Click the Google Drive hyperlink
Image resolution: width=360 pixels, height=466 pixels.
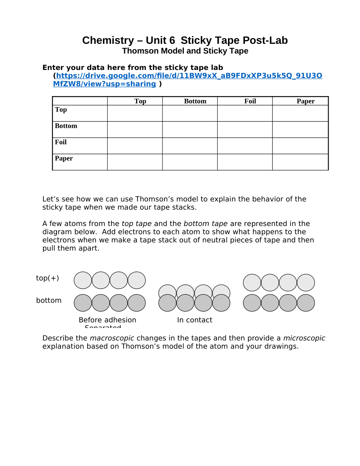click(x=189, y=76)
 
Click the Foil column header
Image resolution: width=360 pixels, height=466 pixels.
click(x=250, y=101)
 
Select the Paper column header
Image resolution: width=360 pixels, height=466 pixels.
click(x=306, y=101)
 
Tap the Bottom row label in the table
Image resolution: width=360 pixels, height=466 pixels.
click(x=66, y=126)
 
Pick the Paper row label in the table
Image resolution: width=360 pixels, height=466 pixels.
click(x=64, y=158)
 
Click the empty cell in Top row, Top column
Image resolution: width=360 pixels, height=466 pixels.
click(x=135, y=113)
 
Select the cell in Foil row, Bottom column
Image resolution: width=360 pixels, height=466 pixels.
click(x=190, y=146)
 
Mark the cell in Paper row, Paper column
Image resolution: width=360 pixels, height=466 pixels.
click(x=300, y=162)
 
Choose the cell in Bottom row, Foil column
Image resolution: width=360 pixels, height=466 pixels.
click(x=245, y=130)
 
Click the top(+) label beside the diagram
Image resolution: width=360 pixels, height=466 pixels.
click(x=47, y=278)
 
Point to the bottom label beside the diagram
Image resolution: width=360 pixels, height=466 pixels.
click(x=49, y=300)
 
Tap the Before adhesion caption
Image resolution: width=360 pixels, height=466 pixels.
click(x=107, y=320)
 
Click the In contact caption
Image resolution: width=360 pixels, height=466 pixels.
click(x=195, y=320)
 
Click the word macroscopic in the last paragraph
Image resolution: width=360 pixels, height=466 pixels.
click(x=112, y=338)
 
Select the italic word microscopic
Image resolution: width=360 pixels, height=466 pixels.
click(x=304, y=338)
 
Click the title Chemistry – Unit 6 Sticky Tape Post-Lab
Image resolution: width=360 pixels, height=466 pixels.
click(x=185, y=40)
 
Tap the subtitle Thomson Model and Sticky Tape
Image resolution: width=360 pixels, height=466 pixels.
click(x=185, y=51)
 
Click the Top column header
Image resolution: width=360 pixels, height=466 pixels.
click(x=140, y=101)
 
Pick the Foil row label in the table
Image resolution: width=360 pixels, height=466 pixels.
click(x=61, y=142)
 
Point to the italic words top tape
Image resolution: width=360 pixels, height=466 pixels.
click(x=136, y=224)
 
